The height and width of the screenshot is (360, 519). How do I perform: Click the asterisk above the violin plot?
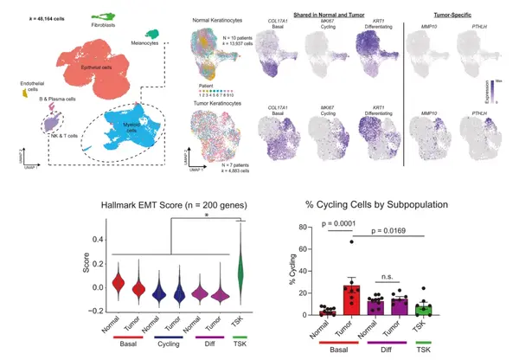coord(205,218)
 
